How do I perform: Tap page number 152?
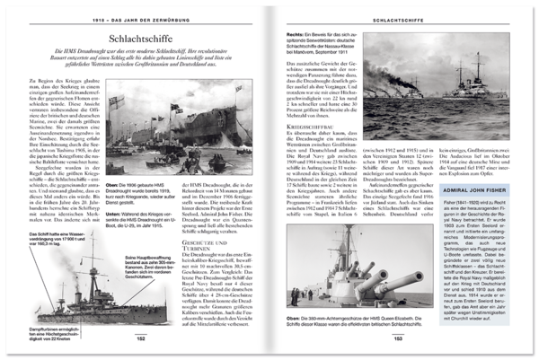141,338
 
